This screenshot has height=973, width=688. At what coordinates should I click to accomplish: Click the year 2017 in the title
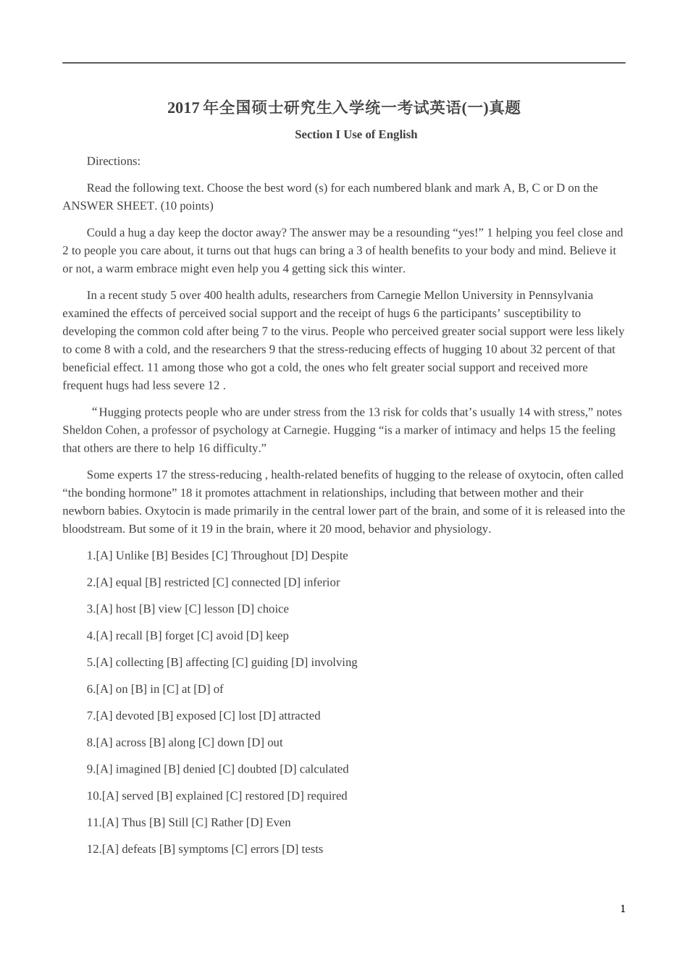183,108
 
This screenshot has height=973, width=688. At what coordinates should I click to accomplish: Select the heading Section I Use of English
356,135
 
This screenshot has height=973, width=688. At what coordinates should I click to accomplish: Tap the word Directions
113,161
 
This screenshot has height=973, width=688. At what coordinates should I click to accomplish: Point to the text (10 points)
187,206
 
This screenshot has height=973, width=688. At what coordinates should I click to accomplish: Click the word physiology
462,529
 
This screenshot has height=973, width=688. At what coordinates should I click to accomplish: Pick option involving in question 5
334,662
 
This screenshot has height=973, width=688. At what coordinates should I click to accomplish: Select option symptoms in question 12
203,849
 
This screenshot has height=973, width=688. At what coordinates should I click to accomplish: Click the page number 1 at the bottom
623,909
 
